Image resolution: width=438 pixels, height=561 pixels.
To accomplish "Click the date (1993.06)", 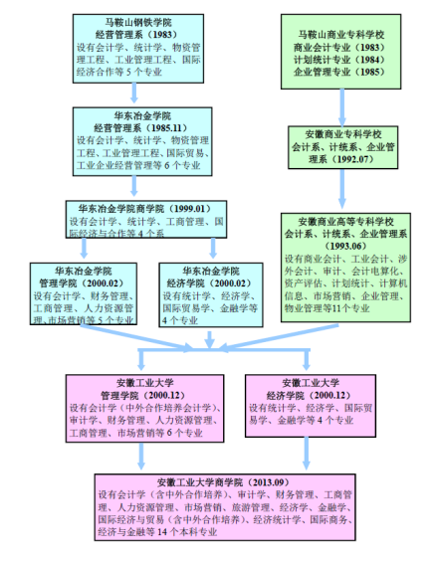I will (345, 247).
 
